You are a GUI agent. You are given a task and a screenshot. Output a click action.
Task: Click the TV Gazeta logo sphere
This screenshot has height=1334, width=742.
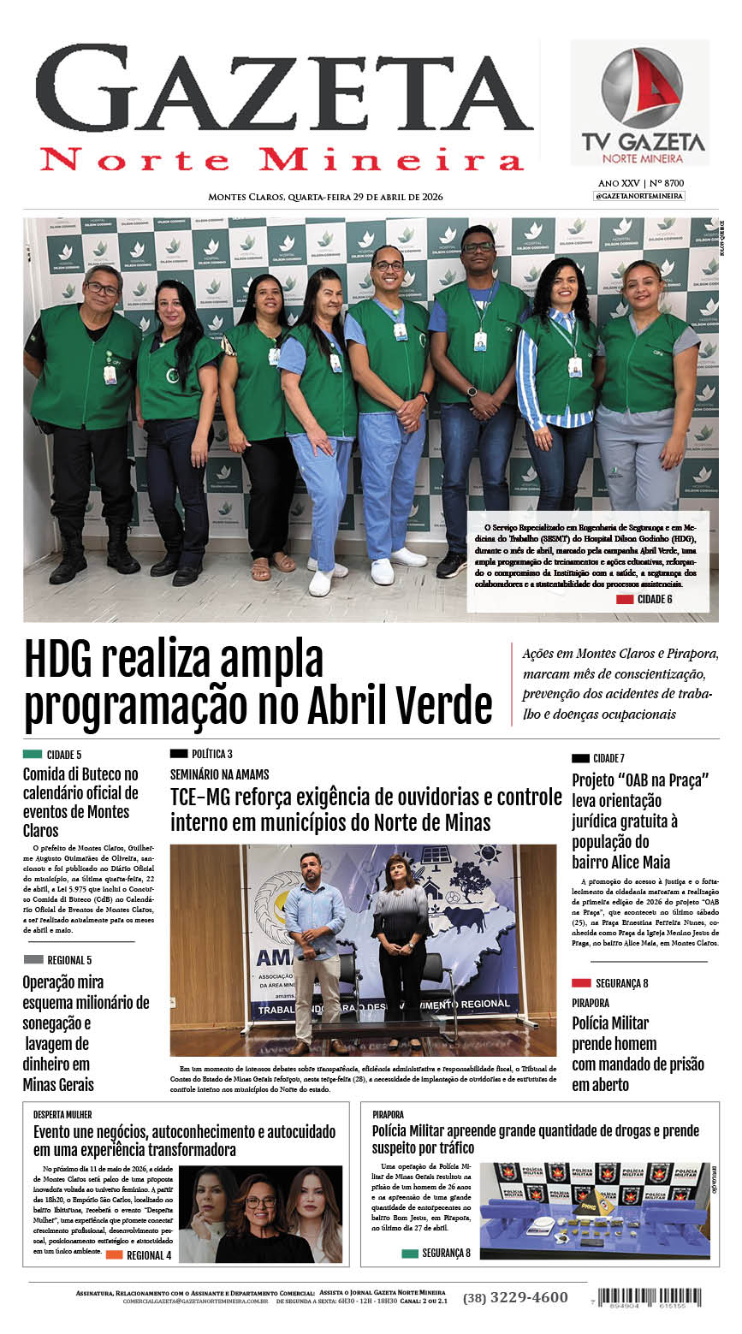pos(642,88)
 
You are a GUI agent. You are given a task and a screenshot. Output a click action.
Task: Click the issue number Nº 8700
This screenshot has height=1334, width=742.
pos(668,183)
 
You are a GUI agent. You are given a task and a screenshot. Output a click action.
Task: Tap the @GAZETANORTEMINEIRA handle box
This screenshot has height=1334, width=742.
pos(639,196)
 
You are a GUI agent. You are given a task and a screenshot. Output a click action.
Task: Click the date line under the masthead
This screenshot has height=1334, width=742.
pos(325,197)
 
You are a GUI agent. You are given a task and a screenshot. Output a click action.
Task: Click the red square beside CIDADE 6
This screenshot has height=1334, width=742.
pos(624,599)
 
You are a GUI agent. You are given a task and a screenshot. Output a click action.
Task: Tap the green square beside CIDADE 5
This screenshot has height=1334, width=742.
pos(33,754)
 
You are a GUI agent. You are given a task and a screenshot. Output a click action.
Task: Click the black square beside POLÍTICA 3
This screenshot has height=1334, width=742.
pos(179,754)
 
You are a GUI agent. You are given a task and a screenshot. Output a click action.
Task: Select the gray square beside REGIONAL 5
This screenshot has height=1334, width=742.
pos(33,959)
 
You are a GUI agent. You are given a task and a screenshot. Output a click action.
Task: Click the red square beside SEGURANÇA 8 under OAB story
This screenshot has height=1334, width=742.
pos(581,983)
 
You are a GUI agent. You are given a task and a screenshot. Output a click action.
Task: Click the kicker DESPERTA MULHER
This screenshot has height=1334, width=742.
pos(62,1115)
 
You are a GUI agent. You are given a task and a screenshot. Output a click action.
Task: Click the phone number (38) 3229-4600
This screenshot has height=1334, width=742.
pos(515,1298)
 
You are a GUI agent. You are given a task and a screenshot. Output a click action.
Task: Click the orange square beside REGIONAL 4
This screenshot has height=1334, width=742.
pos(114,1255)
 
